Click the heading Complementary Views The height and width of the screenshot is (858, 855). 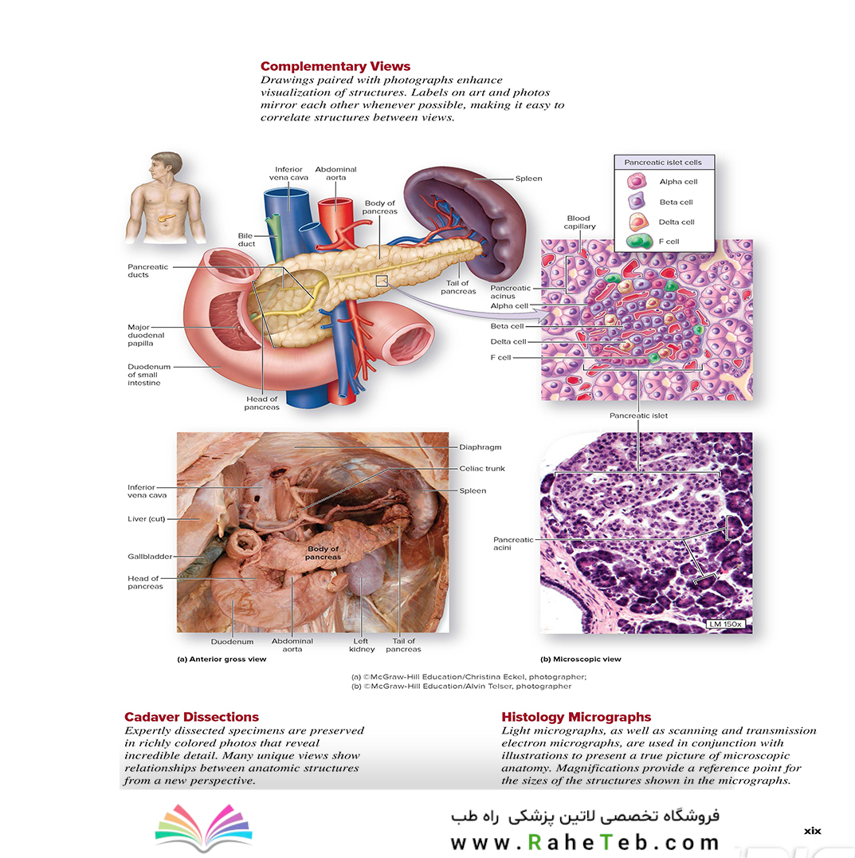tap(335, 66)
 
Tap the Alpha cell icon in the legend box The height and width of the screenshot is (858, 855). tap(637, 181)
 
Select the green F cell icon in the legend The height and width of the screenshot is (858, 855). tap(639, 242)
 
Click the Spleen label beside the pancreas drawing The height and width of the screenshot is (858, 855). tap(528, 179)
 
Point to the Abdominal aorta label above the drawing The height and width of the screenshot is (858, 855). tap(335, 174)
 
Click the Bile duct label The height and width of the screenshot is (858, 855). tap(246, 240)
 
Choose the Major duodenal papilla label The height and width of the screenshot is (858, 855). tap(146, 335)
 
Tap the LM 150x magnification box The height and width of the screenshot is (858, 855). tap(725, 624)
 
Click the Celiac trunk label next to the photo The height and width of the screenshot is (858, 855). tap(481, 468)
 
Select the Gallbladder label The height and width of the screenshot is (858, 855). tap(150, 557)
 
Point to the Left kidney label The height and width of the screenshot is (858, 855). tap(361, 645)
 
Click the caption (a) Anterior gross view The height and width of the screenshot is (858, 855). tap(222, 659)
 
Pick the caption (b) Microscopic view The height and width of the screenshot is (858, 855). tap(581, 659)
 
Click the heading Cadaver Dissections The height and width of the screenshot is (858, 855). tap(191, 717)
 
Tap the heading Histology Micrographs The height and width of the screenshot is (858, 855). tap(576, 717)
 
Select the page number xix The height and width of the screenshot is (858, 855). tap(812, 831)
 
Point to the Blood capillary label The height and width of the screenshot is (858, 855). tap(579, 222)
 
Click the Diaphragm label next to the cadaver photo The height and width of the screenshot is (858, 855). tap(480, 447)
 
